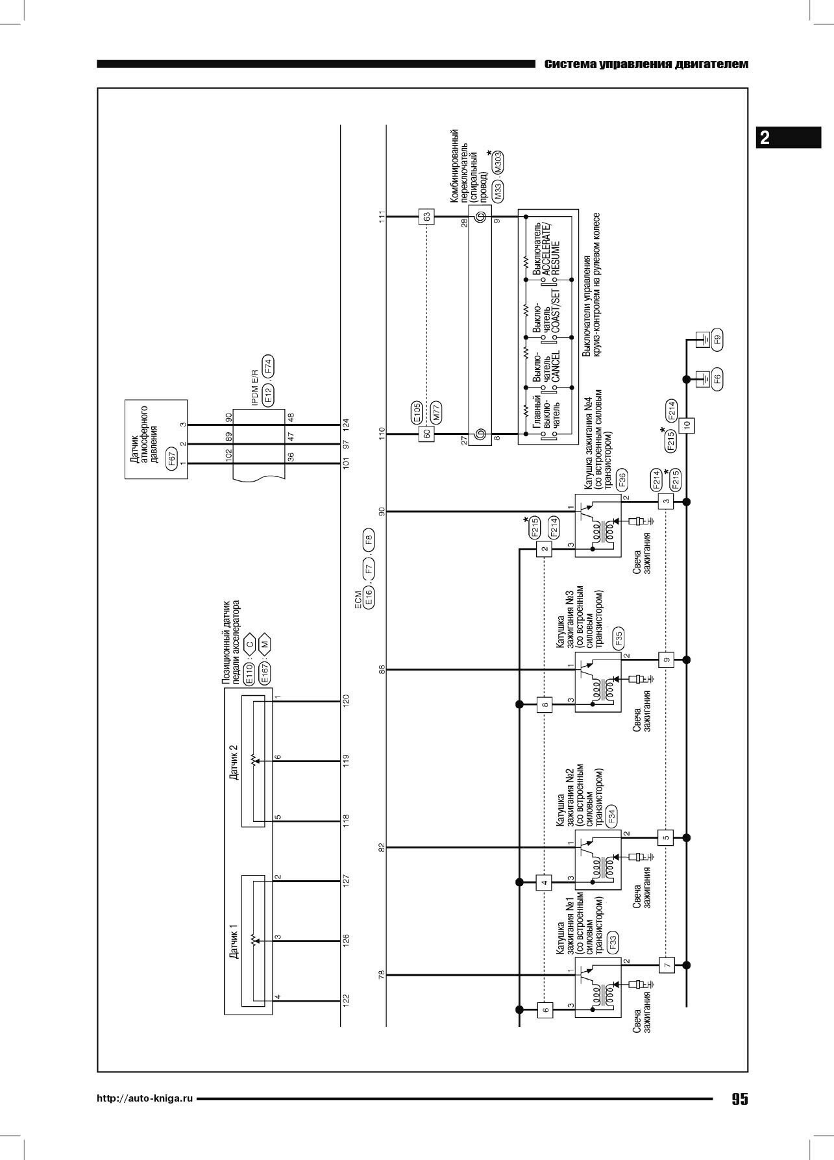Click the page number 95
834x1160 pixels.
click(739, 1099)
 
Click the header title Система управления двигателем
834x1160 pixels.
click(646, 64)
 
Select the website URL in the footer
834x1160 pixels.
click(145, 1099)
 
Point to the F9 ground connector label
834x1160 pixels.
click(717, 339)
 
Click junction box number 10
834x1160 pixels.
click(686, 425)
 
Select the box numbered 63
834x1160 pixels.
click(426, 216)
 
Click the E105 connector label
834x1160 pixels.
click(417, 412)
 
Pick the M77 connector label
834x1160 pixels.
click(437, 413)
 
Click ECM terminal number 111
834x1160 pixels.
click(382, 217)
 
